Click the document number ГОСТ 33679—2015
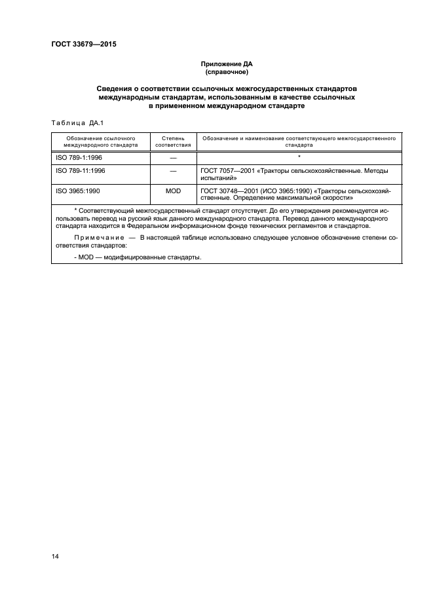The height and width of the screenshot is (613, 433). point(83,45)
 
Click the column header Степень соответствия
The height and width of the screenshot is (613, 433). point(173,142)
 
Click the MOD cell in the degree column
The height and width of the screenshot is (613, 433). point(173,191)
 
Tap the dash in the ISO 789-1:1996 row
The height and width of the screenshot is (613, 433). point(173,158)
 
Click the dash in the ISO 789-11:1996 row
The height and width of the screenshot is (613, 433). point(173,171)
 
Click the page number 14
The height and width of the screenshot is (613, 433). point(55,556)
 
